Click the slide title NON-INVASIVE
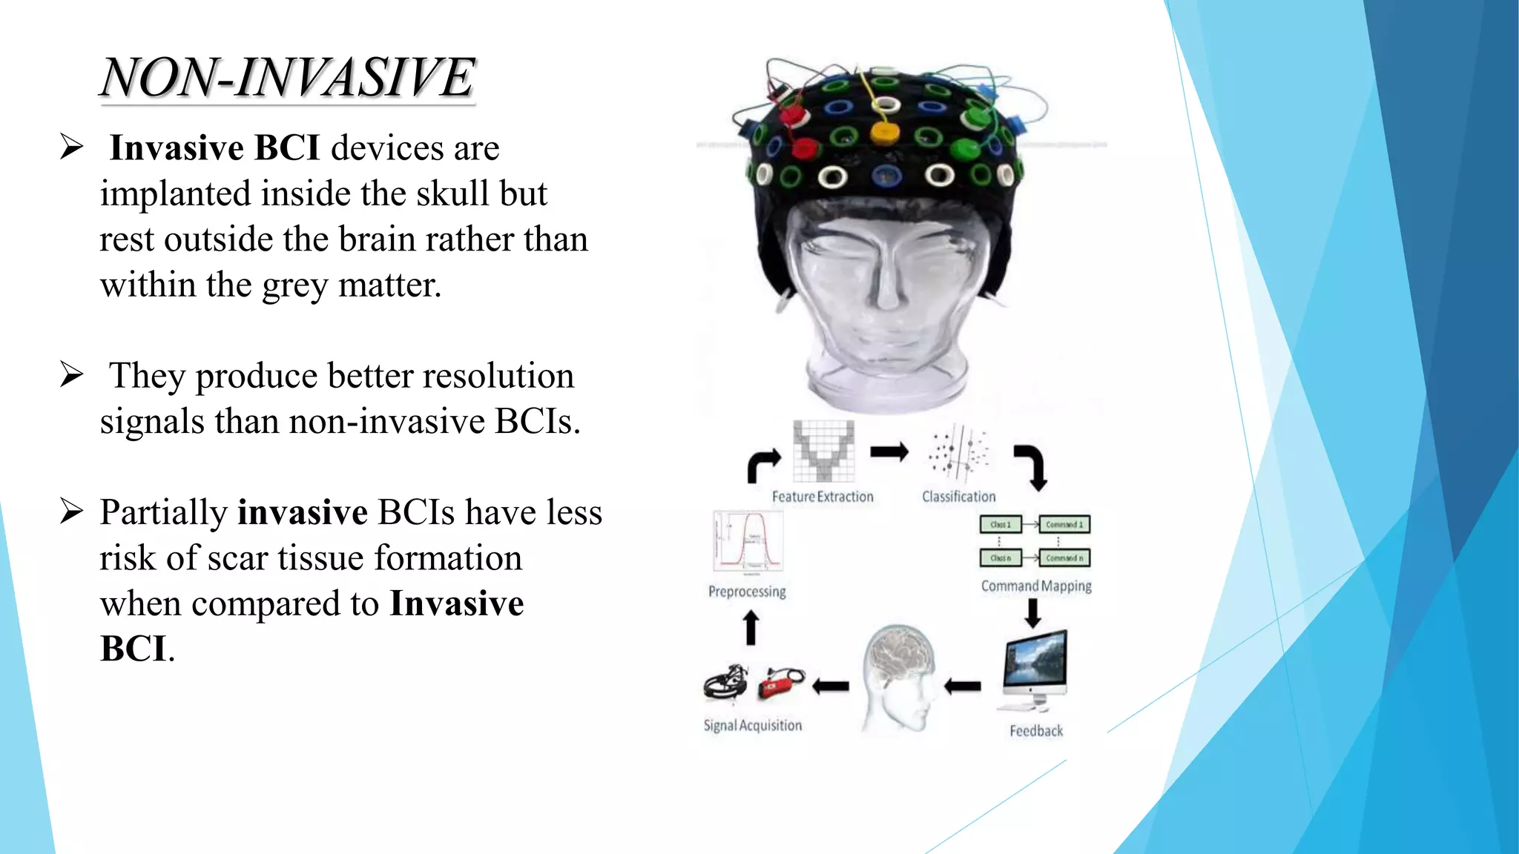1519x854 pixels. click(x=288, y=77)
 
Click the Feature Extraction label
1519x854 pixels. click(x=823, y=497)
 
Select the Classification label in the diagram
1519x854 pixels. click(x=958, y=497)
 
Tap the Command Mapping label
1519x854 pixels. click(x=1036, y=586)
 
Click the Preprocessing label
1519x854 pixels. click(x=747, y=592)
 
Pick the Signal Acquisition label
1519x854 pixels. click(x=753, y=726)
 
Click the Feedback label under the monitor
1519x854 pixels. click(x=1036, y=731)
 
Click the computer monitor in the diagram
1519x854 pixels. click(x=1035, y=663)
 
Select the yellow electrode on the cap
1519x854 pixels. click(x=885, y=133)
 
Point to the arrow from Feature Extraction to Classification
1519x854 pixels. click(x=889, y=452)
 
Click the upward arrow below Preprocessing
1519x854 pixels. click(x=751, y=627)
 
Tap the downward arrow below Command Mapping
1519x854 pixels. click(x=1032, y=612)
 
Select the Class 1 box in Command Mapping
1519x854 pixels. click(x=1001, y=525)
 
